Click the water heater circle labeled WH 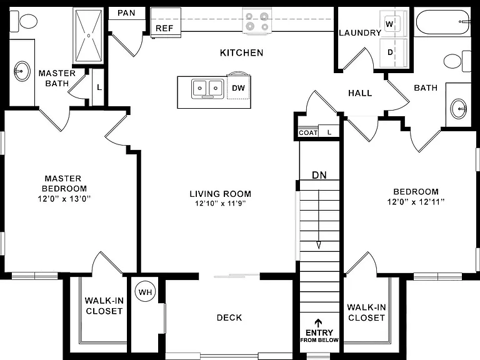[x=145, y=292]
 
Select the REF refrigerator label [x=164, y=29]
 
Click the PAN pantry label [x=126, y=13]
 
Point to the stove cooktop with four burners [x=257, y=21]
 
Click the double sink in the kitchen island [x=207, y=89]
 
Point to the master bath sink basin [x=22, y=71]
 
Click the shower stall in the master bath [x=88, y=36]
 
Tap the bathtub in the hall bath [x=442, y=22]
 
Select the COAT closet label [x=308, y=133]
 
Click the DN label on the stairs [x=319, y=175]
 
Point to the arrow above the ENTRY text [x=319, y=324]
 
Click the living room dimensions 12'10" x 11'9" [x=221, y=203]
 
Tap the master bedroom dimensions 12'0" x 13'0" [x=64, y=199]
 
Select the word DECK [x=229, y=317]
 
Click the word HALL [x=360, y=93]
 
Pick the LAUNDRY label [x=360, y=32]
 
